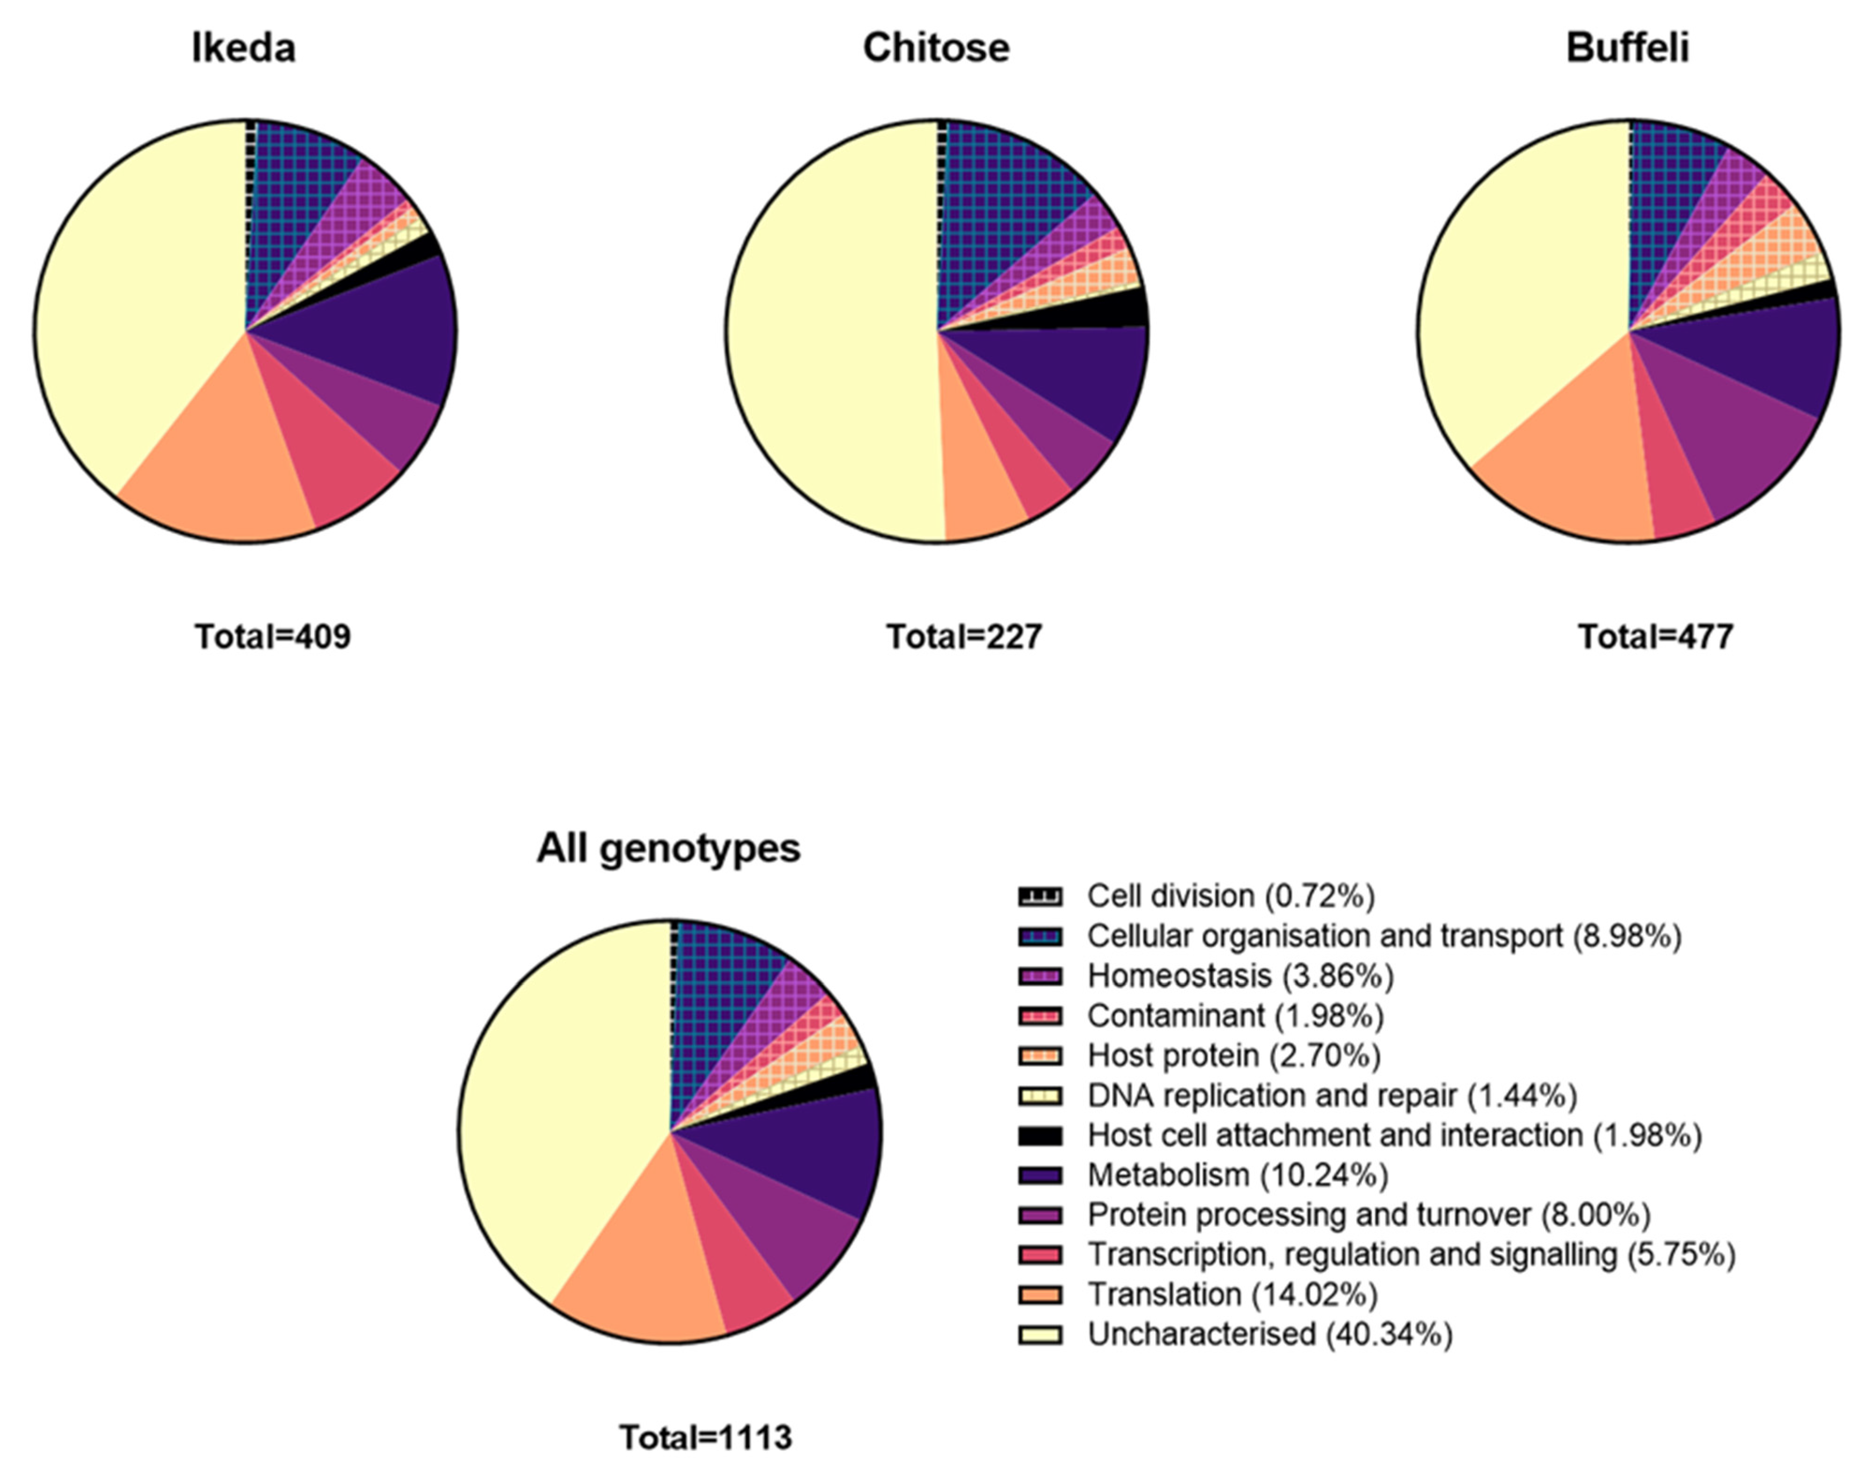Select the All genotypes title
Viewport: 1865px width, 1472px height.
click(669, 849)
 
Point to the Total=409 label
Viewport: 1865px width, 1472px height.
click(272, 637)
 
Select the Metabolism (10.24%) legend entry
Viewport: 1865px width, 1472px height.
click(1237, 1175)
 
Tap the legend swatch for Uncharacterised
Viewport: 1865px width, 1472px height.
click(1040, 1334)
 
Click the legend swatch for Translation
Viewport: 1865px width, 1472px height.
click(1040, 1294)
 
